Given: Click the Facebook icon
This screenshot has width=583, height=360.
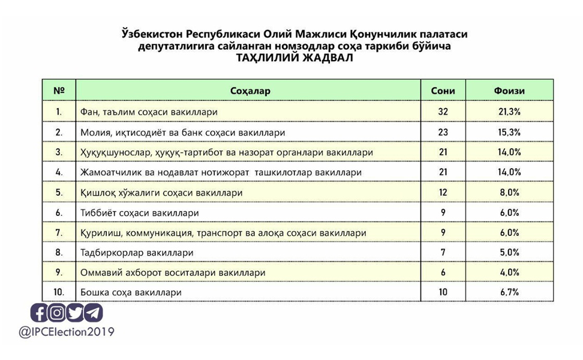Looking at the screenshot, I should (40, 313).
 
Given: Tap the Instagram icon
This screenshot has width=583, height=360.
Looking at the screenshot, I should (57, 313).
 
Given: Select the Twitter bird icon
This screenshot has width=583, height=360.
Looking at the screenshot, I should (75, 313).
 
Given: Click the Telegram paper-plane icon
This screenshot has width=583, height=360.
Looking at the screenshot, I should (93, 313).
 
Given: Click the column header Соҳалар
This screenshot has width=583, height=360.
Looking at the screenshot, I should (250, 91).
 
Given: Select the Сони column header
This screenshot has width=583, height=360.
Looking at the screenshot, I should (443, 91).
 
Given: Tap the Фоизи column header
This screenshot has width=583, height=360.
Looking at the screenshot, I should (509, 91).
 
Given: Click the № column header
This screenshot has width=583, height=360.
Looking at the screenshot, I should (59, 91).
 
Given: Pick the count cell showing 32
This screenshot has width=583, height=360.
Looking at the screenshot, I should (443, 112).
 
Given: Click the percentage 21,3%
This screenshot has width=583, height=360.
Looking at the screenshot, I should (509, 112).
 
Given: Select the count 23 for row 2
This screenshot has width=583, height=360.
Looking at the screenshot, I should (443, 132).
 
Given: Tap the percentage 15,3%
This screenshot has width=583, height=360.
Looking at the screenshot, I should (509, 132).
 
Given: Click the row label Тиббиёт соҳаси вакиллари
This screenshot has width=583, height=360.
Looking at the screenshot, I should (139, 212).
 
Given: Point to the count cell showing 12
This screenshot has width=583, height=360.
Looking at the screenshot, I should (443, 193).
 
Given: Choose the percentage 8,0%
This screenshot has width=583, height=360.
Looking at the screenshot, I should (509, 193).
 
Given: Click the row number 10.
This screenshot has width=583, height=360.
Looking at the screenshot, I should (59, 292).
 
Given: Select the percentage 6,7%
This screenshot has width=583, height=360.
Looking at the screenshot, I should (509, 292).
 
